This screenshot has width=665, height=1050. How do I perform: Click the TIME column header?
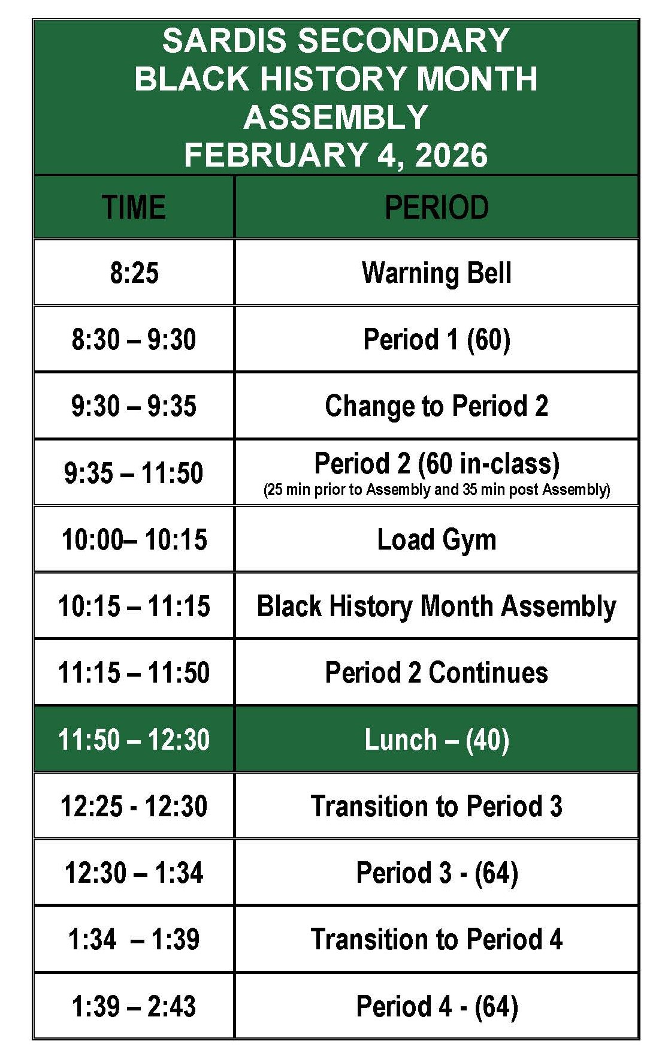tap(134, 207)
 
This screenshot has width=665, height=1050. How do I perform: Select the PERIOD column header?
tap(436, 207)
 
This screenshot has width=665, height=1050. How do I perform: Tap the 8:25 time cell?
tap(134, 273)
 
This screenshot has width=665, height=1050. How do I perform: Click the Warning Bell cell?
tap(436, 273)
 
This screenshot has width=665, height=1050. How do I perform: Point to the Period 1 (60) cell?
tap(436, 339)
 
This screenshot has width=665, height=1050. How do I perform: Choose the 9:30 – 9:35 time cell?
tap(134, 406)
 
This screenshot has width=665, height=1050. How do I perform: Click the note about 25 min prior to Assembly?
tap(436, 490)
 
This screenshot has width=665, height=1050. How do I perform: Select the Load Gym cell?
tap(436, 539)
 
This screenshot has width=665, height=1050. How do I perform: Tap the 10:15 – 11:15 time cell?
tap(134, 606)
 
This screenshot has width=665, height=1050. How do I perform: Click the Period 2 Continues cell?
tap(436, 672)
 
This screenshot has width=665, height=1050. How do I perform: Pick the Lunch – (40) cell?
tap(436, 740)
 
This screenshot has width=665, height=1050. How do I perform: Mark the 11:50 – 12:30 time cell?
tap(134, 740)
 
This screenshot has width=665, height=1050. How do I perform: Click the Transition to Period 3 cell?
tap(436, 806)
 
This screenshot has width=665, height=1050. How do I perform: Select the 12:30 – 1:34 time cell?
tap(134, 873)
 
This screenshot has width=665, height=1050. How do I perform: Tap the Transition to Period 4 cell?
tap(436, 939)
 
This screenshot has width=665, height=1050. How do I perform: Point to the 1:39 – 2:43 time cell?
tap(134, 1006)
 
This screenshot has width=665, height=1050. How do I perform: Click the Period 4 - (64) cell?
tap(436, 1006)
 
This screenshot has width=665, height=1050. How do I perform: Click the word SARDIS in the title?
tap(224, 41)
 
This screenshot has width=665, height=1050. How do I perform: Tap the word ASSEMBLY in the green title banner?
tap(335, 117)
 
